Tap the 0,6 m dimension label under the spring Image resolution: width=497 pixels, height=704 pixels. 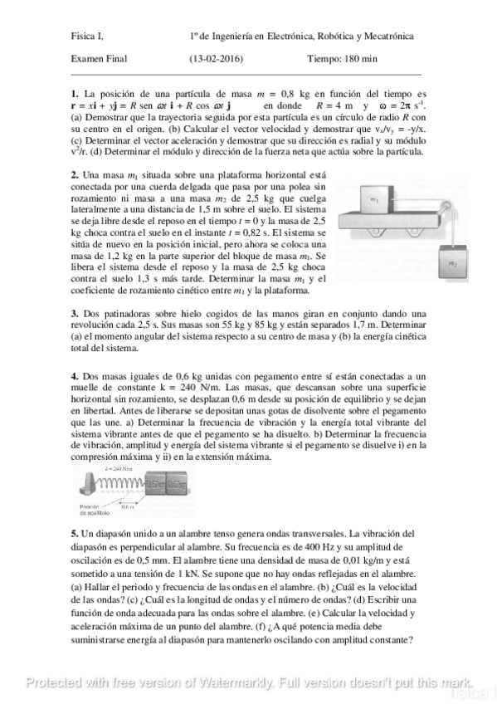[130, 506]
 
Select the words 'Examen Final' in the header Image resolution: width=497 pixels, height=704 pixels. [96, 58]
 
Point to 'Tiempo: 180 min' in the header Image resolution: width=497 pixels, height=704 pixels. [342, 58]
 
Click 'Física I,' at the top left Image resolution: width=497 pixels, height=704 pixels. [87, 37]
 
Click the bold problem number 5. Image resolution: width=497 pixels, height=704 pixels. [74, 532]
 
